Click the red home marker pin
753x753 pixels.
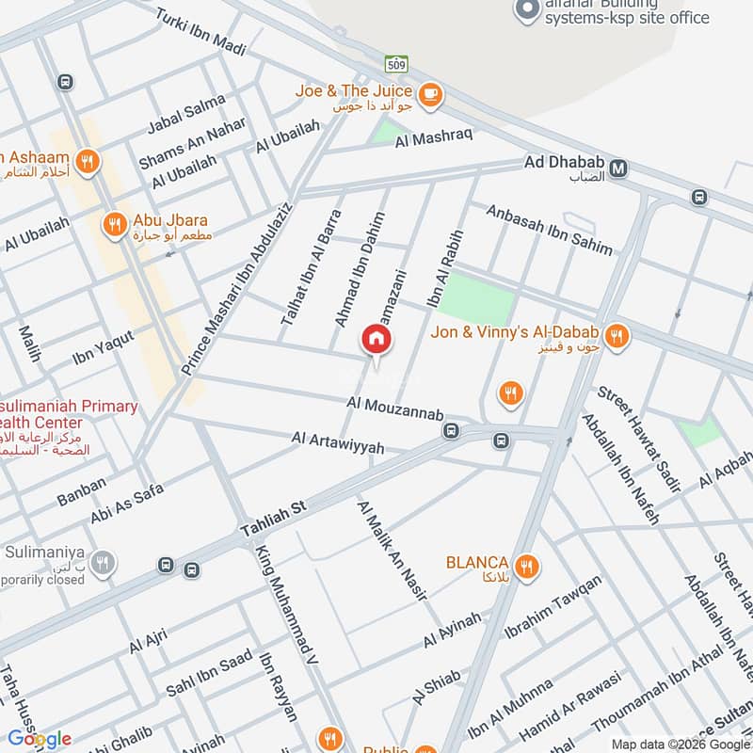tap(376, 342)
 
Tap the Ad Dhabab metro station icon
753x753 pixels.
tap(618, 168)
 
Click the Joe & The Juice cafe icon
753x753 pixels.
tap(430, 92)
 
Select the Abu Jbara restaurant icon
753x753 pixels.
tap(114, 223)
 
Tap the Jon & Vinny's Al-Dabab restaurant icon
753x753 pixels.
tap(617, 334)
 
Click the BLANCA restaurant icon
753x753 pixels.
tap(526, 566)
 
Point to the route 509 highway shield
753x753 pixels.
tap(395, 63)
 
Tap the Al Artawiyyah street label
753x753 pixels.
tap(338, 443)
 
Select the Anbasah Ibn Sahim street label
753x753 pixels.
tap(549, 229)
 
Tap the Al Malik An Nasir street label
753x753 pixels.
tap(392, 551)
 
